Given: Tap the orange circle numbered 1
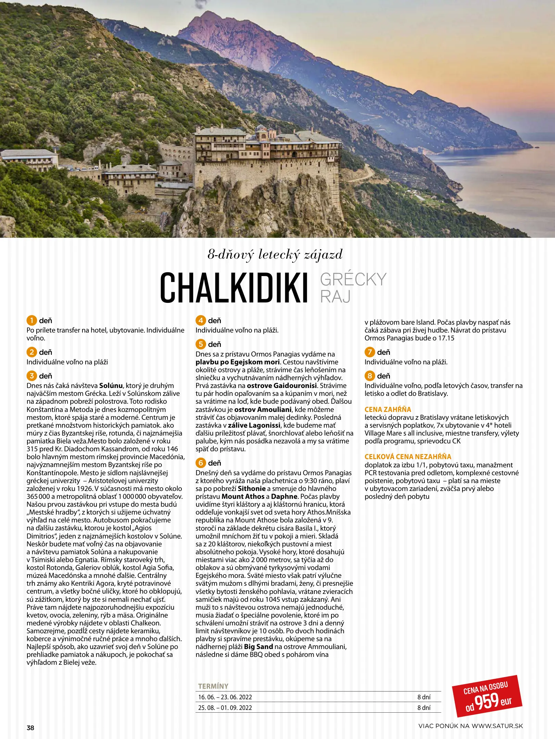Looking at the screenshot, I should pos(31,321).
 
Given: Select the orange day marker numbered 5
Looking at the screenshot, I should pos(201,344).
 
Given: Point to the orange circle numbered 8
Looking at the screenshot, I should pos(370,376).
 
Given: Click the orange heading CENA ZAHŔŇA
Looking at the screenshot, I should pos(388,409).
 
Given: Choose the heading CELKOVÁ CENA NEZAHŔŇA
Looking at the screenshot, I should pos(408,456).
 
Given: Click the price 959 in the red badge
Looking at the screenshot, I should pos(487,701).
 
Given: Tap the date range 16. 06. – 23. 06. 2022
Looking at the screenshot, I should pos(225,697).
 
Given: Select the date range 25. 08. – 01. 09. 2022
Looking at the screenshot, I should pos(225,708).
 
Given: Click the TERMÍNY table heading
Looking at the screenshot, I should pos(213,686).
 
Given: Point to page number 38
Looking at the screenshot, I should pos(30,728).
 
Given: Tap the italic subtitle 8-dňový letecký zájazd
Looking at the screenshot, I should pos(275,255).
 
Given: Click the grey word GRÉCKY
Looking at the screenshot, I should pos(353,280).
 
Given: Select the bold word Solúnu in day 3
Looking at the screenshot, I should pos(111,386).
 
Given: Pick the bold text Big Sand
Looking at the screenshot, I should pos(258,647).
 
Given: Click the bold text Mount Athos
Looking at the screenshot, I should pos(243,496).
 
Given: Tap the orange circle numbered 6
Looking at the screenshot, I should pos(201,463).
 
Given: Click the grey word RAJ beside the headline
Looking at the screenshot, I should pos(335,297).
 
